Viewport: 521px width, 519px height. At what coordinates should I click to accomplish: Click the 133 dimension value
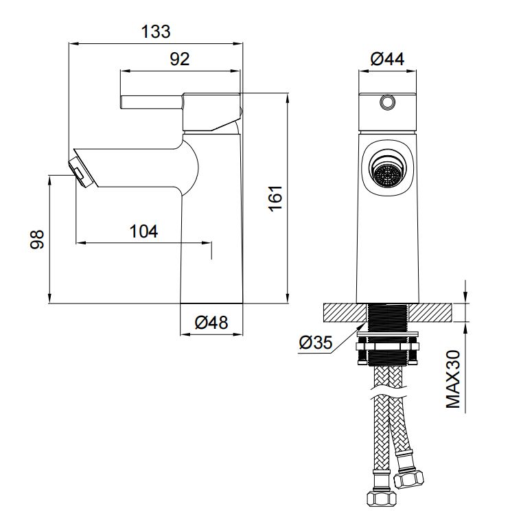click(156, 32)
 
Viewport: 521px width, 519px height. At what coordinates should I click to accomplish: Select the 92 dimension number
click(180, 59)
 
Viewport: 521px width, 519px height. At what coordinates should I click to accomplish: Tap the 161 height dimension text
click(275, 198)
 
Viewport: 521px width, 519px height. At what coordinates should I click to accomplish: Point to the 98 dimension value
click(37, 239)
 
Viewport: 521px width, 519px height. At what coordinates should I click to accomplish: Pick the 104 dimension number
click(143, 231)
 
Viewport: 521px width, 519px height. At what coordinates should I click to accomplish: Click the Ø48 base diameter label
click(211, 323)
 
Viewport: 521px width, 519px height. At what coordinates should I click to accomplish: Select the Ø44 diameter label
click(387, 59)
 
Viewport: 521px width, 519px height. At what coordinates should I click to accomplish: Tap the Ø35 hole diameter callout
click(315, 343)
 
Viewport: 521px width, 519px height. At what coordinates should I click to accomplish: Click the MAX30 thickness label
click(453, 379)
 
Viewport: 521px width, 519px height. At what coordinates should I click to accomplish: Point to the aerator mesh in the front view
click(387, 175)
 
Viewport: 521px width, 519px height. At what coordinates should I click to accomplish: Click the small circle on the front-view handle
click(387, 102)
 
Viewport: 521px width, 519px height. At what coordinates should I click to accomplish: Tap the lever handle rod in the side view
click(151, 102)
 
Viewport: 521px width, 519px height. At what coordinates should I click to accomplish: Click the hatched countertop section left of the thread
click(345, 312)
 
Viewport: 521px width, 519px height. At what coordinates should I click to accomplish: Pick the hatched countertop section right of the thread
click(430, 312)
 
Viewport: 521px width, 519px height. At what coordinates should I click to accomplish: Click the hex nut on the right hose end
click(408, 479)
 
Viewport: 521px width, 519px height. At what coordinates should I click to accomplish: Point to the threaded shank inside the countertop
click(388, 312)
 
